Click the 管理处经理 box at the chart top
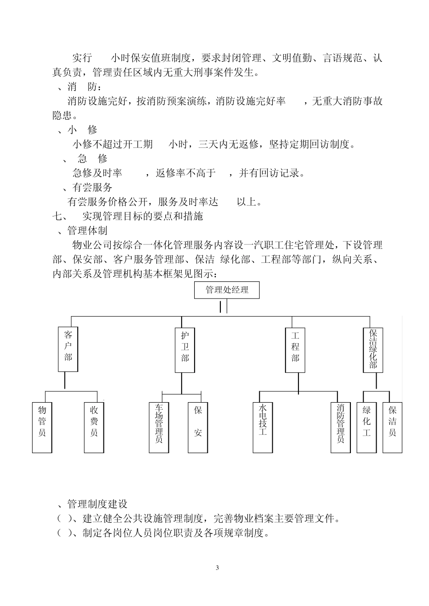pos(227,290)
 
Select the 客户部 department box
pos(68,349)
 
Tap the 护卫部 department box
pos(185,349)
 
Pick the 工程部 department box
pos(295,349)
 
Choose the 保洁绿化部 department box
pos(373,349)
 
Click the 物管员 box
pos(42,427)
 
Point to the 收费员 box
pos(94,427)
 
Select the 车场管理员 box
pos(159,427)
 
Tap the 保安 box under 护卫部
pos(198,427)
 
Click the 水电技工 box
pos(263,427)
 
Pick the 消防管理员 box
pos(340,427)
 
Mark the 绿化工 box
pos(367,427)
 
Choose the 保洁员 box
pos(392,427)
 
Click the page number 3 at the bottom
pos(217,568)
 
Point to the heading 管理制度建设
pos(98,504)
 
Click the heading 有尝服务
pos(93,188)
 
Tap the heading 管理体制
pos(88,231)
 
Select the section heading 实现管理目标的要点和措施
pos(143,216)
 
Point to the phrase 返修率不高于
pos(186,173)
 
